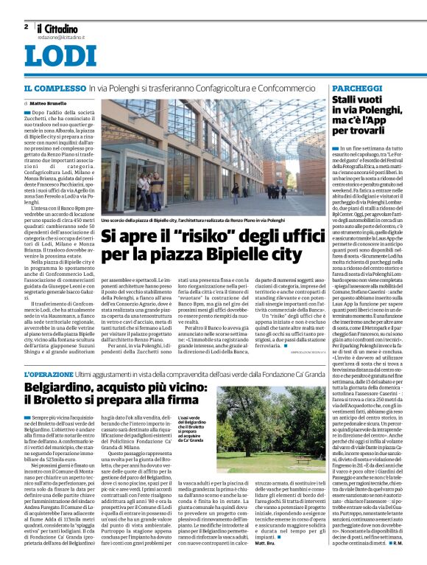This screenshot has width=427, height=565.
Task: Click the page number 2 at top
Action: tap(26, 27)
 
